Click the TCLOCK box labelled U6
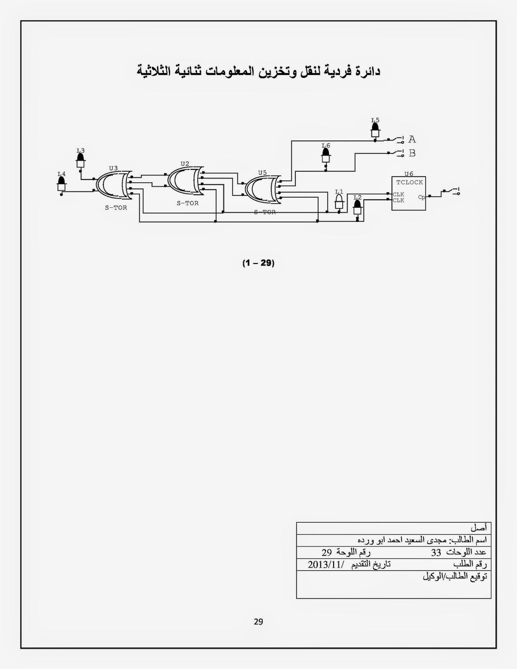click(408, 193)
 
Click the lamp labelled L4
click(61, 184)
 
